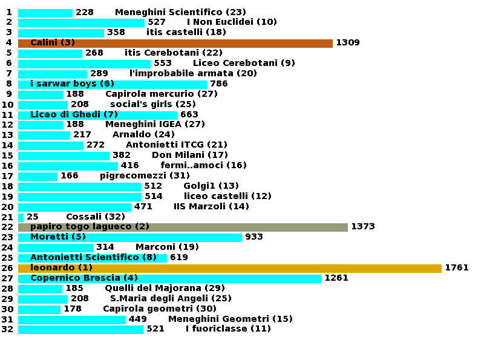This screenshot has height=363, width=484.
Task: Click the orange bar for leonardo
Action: tap(230, 268)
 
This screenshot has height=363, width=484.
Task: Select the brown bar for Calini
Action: tap(175, 43)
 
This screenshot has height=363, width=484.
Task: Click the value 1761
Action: tap(456, 268)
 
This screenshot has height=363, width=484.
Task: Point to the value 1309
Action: tap(347, 43)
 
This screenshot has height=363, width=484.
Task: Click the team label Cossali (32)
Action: tap(96, 217)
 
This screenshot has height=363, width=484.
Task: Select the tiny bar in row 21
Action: tap(21, 217)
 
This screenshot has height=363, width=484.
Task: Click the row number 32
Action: tap(7, 329)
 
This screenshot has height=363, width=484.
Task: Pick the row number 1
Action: tap(8, 12)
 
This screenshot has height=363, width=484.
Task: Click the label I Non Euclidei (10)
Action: tap(232, 22)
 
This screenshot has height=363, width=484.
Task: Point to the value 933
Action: tap(253, 237)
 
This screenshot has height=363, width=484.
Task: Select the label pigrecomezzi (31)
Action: tap(145, 176)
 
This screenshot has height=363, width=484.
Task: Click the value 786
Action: tap(218, 84)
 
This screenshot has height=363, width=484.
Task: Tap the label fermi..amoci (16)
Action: tap(203, 166)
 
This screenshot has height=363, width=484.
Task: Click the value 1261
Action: tap(336, 278)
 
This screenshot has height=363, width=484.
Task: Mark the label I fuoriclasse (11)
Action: tap(228, 329)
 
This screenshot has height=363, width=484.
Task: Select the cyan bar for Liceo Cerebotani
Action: tap(84, 64)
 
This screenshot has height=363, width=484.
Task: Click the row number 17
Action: tap(7, 176)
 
